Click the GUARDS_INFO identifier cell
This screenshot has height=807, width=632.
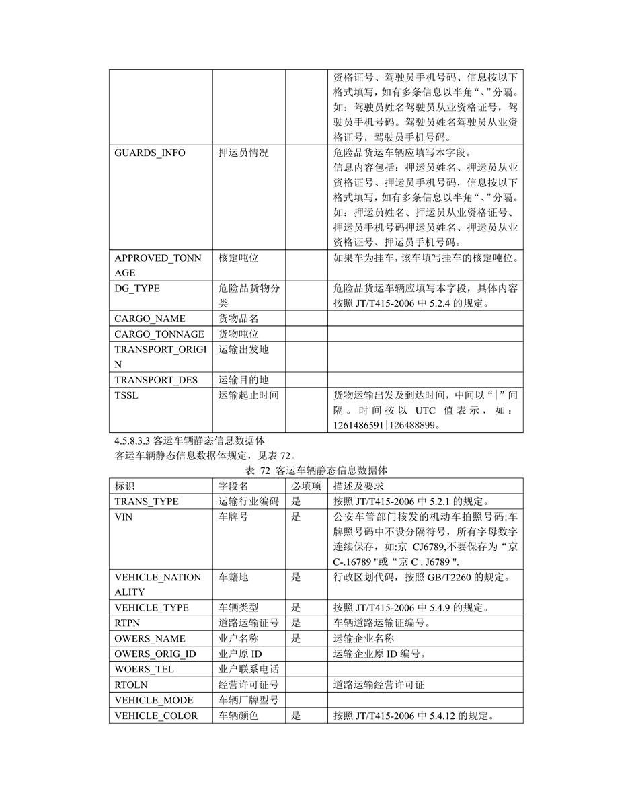150,153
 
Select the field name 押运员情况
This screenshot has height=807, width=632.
243,153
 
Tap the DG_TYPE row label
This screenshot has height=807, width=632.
137,288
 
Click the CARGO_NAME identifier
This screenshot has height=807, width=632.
150,319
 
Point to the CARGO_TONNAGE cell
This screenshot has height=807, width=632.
159,334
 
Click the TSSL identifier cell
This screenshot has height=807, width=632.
126,395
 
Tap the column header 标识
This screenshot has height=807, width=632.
125,486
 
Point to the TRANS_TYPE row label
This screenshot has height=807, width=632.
147,501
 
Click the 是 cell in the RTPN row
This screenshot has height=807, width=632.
296,623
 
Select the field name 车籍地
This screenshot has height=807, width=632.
233,577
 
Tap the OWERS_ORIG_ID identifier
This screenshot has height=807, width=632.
155,654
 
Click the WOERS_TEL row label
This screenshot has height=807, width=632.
144,669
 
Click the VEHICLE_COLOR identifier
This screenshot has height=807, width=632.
156,716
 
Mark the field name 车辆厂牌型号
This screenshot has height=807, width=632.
248,700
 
